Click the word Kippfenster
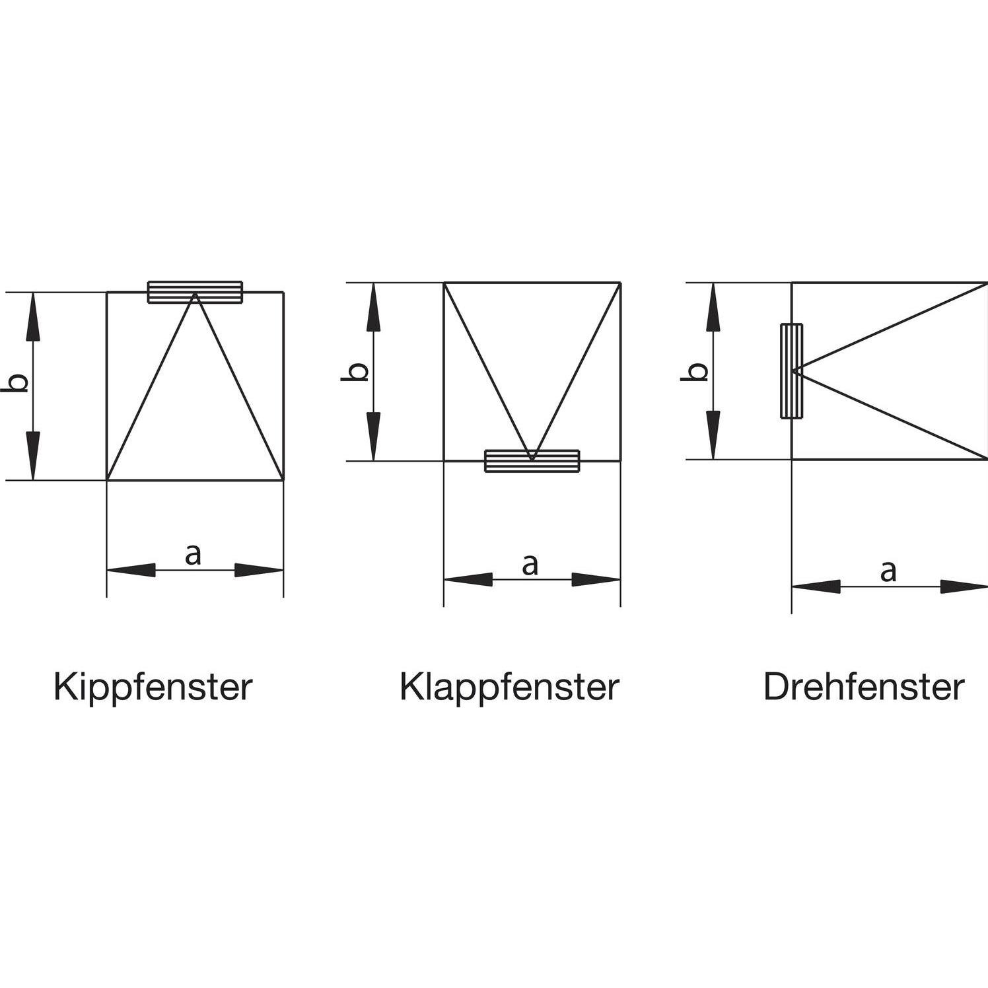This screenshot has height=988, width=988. (153, 688)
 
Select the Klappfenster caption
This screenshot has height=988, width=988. (509, 688)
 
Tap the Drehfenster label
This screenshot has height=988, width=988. (864, 688)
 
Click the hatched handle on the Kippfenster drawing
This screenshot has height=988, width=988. (195, 293)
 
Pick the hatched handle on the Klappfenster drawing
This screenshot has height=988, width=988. (532, 461)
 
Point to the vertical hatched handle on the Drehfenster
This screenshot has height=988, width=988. (791, 370)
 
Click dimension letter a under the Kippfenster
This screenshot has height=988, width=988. (192, 555)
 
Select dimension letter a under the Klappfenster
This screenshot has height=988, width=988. (530, 565)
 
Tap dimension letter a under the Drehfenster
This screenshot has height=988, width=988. (889, 571)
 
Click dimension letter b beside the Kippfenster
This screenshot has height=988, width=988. (20, 383)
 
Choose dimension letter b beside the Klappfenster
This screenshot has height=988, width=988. (357, 372)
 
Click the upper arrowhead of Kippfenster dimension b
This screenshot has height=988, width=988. (34, 316)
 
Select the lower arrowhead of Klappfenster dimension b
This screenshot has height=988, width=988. (374, 436)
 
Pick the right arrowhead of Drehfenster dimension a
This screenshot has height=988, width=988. (964, 586)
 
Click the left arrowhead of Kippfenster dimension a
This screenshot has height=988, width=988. (131, 569)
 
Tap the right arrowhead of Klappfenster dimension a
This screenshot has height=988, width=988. (596, 579)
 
